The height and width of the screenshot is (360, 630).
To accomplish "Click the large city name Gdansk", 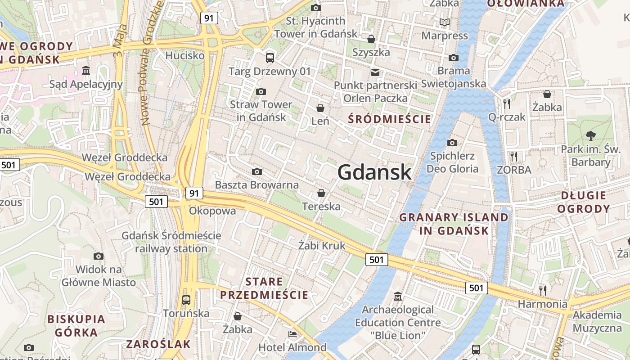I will pos(374,172).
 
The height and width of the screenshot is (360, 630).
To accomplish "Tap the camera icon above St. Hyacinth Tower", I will pos(316,8).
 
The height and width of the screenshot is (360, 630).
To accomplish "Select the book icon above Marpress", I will pos(444,22).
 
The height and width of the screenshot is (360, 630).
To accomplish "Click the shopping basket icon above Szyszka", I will pos(371,39).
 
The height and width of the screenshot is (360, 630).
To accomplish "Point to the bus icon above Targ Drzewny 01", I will pos(270,58).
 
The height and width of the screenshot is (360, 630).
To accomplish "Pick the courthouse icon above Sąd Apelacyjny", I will pos(86,70).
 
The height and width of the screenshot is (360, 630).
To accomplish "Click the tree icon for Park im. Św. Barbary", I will pos(590,135).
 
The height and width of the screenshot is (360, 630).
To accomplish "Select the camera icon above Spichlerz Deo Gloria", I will pos(452,143).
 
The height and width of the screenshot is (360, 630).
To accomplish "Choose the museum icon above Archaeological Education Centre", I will pos(398,297).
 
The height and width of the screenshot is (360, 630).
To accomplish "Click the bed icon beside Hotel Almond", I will pos(292,334).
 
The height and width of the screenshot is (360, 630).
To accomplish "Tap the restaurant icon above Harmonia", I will pos(543,290).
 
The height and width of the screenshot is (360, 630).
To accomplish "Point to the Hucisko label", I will pos(185,55).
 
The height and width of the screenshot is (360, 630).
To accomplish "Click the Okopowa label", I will pos(212,211).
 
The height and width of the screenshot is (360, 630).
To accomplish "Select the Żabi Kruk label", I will pos(322,245).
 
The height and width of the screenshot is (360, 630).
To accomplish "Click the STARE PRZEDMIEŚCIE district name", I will pos(264,288).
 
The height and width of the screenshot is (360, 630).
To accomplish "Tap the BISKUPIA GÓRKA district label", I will pos(76,326).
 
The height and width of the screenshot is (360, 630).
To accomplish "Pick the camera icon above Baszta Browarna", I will pos(257,171).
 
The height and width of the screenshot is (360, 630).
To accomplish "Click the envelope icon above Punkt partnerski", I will pos(375,72).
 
